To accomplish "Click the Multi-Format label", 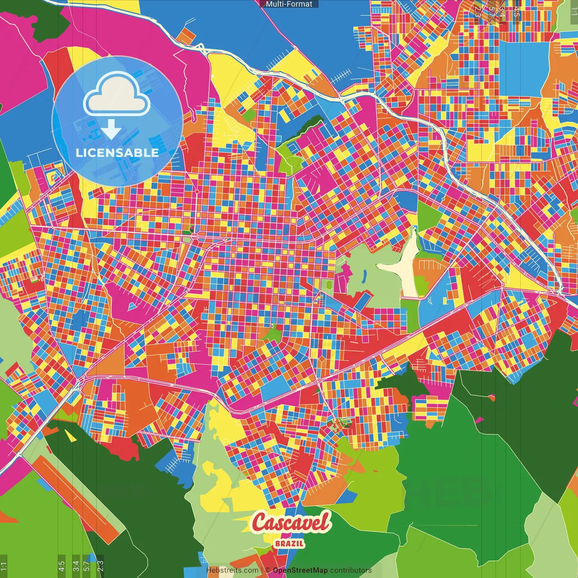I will click(x=289, y=4).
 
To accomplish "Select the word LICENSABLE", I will click(x=117, y=153).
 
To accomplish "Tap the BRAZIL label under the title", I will click(x=289, y=543).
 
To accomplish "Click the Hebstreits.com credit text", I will click(x=232, y=570).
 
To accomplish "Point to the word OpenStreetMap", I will click(x=300, y=570).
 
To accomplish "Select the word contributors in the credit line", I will click(x=351, y=570).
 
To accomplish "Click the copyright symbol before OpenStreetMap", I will click(x=268, y=570).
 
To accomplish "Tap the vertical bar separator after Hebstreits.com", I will click(x=262, y=570).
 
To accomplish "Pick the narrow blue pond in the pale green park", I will click(x=364, y=275).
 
